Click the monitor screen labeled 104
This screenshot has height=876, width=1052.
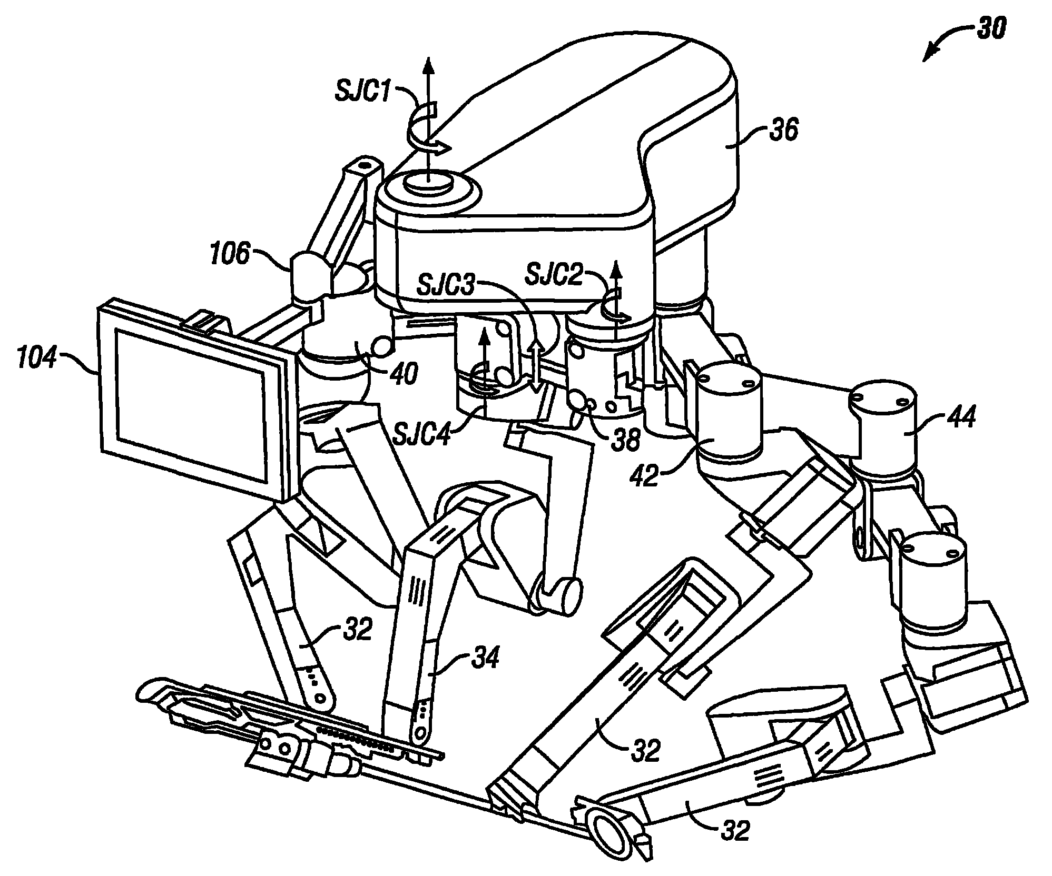pos(191,406)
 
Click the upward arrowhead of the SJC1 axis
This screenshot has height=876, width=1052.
pos(428,66)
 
